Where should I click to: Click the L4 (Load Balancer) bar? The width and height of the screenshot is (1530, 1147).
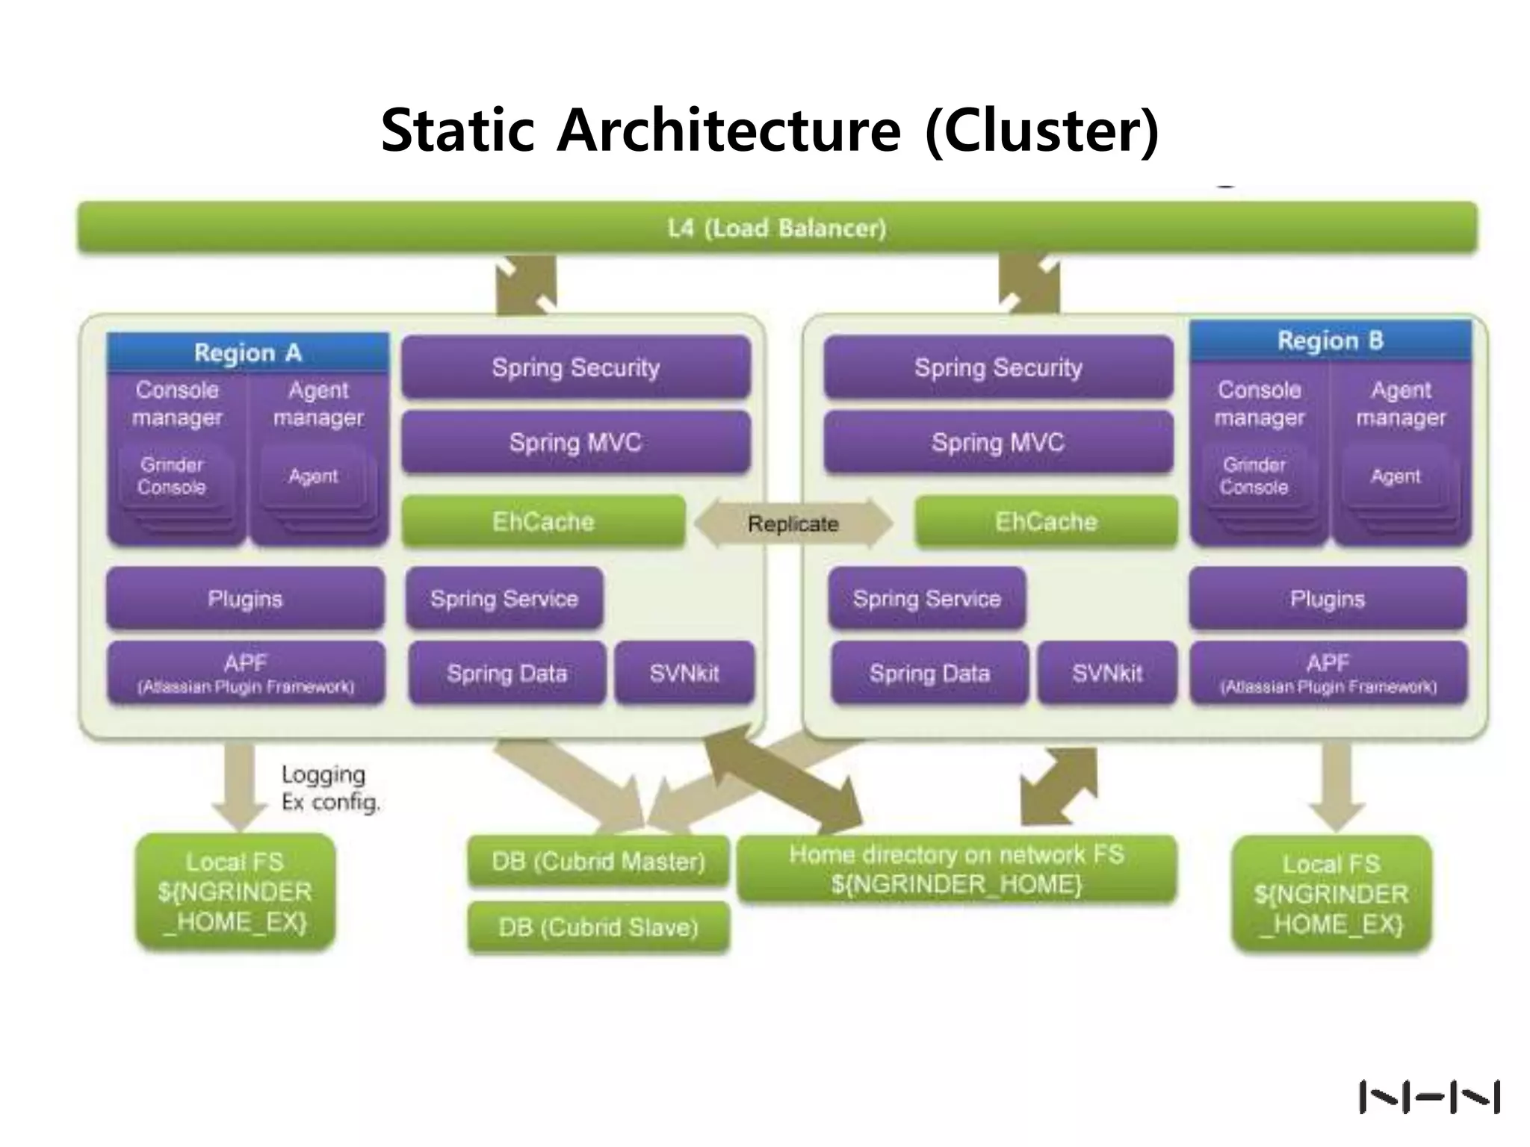777,227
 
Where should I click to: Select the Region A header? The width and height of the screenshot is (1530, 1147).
247,352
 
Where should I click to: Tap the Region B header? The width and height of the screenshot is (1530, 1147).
1331,341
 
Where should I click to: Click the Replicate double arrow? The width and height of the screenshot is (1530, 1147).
793,523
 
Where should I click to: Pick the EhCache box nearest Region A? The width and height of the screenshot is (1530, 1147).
543,521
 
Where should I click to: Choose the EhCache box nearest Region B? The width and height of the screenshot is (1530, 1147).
1046,521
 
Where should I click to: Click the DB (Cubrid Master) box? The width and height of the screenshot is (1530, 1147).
598,861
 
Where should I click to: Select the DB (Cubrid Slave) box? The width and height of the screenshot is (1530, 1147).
598,927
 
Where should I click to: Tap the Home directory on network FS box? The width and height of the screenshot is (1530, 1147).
956,869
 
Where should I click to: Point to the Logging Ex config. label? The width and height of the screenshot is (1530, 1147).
330,788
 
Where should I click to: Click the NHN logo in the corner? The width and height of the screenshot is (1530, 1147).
1429,1097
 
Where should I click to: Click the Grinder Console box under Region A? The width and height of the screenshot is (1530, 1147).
173,476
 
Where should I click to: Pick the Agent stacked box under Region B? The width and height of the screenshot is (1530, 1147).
1396,477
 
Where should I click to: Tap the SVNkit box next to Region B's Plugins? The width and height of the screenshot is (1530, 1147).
1107,673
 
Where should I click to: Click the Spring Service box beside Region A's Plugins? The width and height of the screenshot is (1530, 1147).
504,598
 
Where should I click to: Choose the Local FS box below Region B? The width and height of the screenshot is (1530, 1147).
1331,894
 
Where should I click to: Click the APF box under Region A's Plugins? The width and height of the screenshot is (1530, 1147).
246,673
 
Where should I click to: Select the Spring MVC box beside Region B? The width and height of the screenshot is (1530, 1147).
998,442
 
